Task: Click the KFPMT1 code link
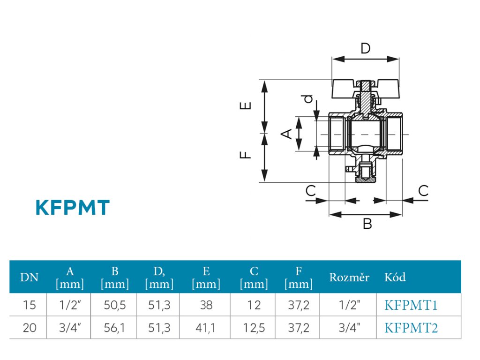tap(411, 305)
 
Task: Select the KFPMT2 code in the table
tap(411, 328)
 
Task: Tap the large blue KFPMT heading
tap(73, 208)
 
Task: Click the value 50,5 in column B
tap(115, 305)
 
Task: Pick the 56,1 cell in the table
tap(114, 328)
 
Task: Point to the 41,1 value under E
tap(205, 328)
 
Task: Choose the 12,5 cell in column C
tap(254, 328)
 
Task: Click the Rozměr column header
tap(349, 277)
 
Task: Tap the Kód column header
tap(395, 277)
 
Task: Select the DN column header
tap(29, 277)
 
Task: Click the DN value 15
tap(30, 305)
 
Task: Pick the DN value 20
tap(30, 328)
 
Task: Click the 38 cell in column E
tap(206, 305)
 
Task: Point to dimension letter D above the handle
tap(366, 48)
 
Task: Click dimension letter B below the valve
tap(367, 224)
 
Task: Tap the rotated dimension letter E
tap(245, 105)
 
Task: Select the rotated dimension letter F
tap(245, 155)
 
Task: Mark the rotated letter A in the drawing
tap(286, 134)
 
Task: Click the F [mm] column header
tap(299, 277)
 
